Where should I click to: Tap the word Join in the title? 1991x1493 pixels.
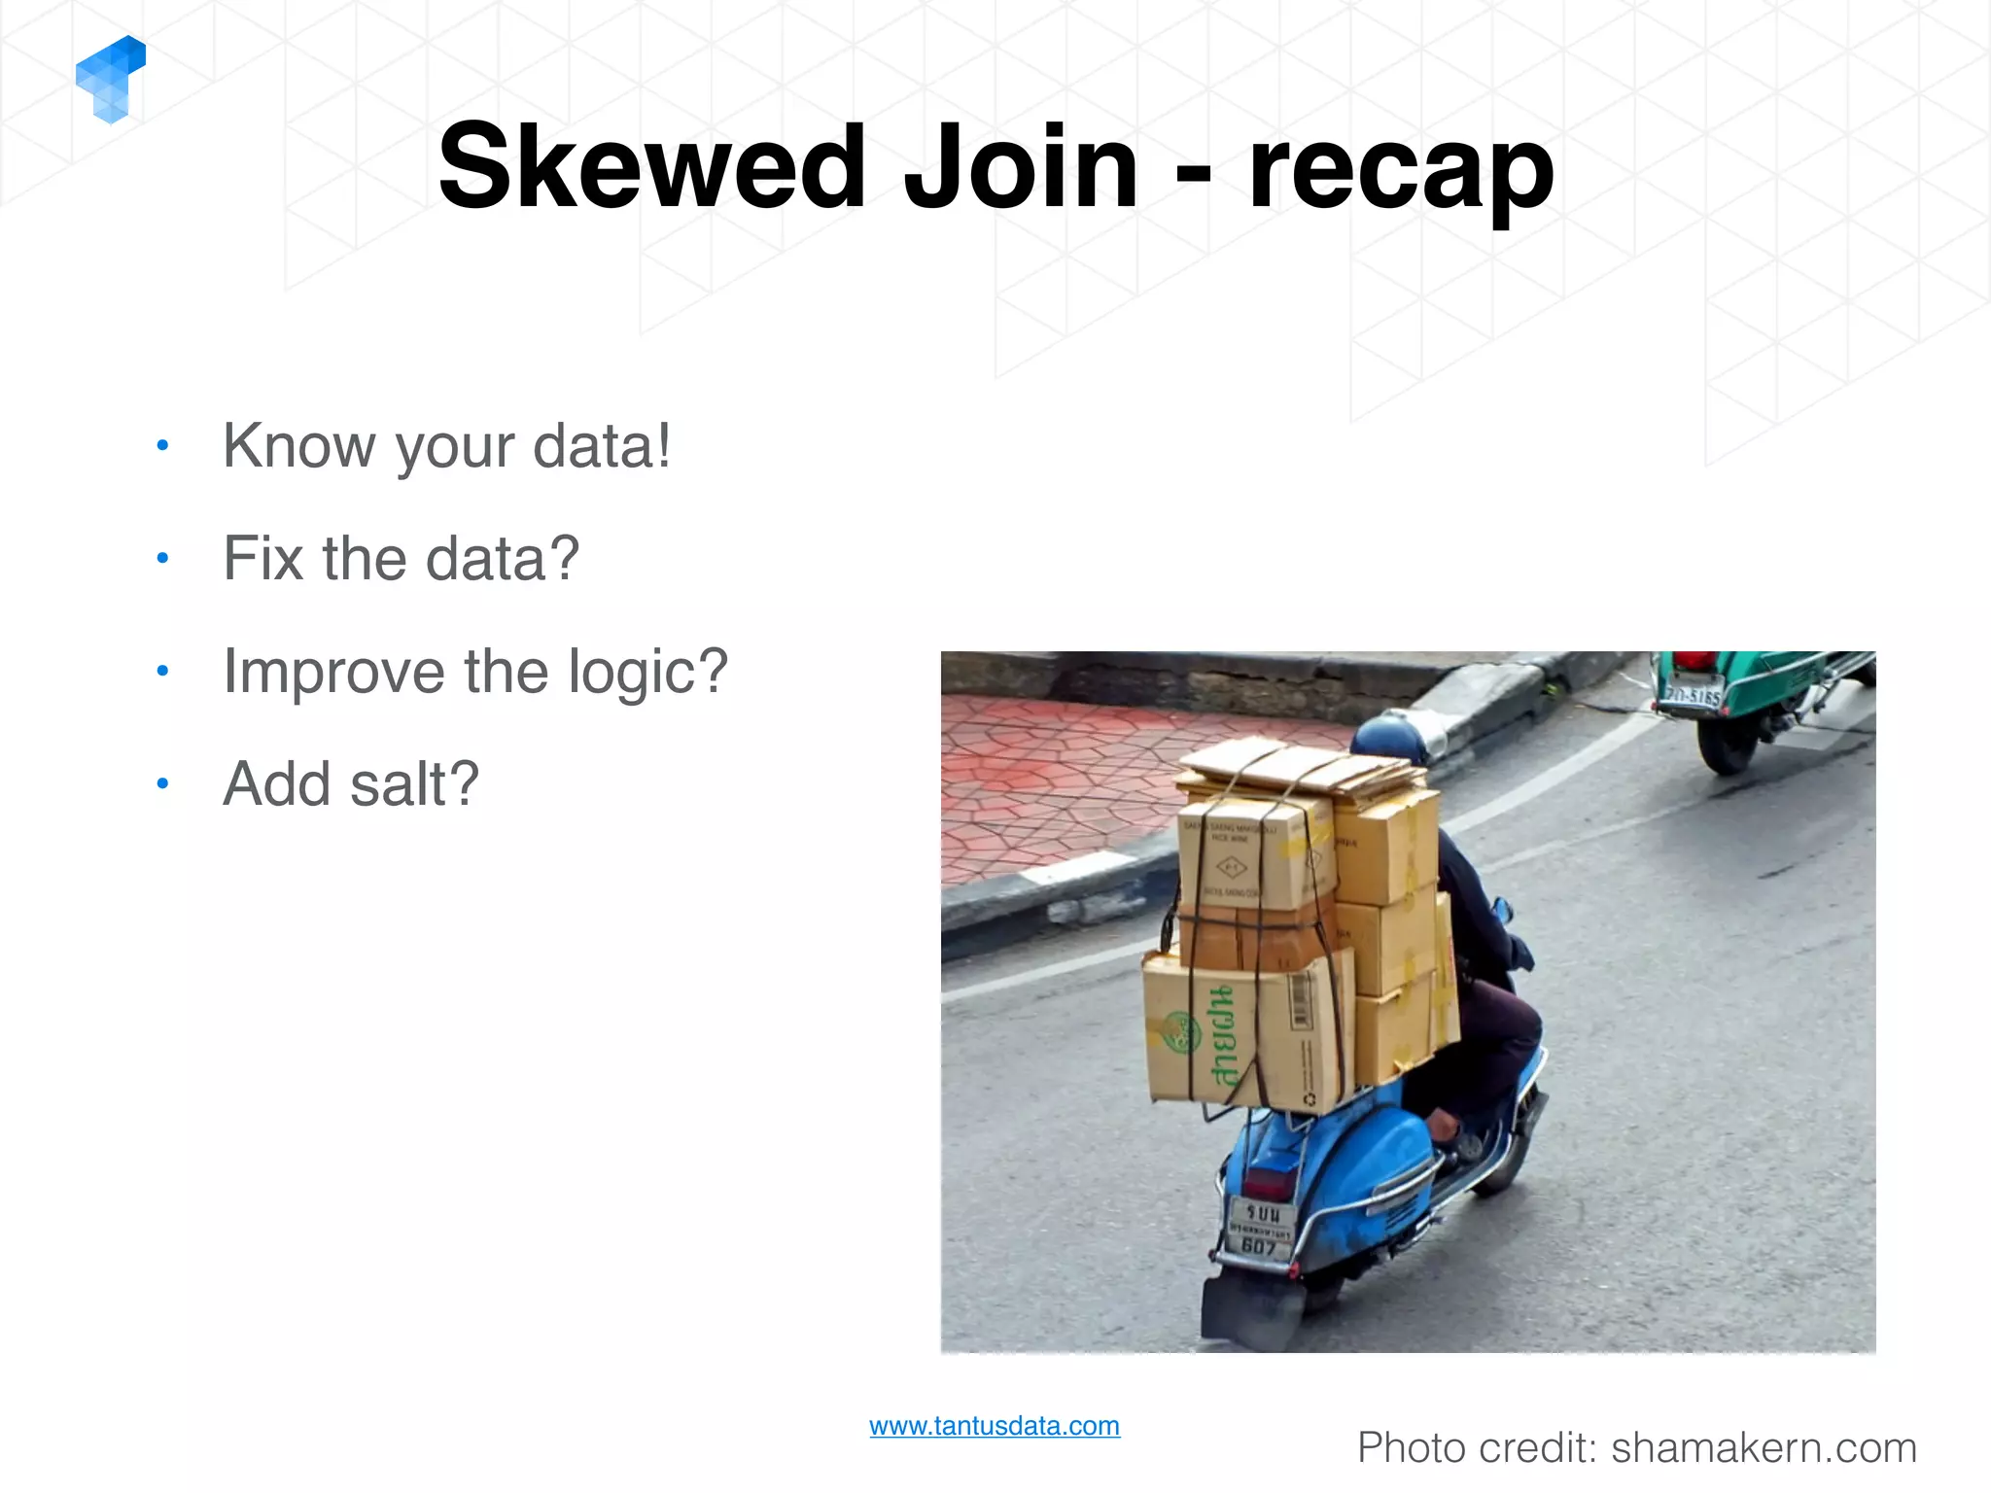(x=1020, y=167)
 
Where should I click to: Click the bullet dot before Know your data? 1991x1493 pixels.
(x=162, y=446)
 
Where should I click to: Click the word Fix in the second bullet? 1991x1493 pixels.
(x=264, y=559)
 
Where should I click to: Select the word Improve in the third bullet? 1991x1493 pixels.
(x=334, y=673)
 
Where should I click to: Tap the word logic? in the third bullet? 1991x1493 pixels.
(x=647, y=673)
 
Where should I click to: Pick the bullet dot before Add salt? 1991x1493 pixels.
(x=162, y=783)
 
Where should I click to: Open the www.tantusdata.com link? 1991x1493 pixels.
(x=994, y=1426)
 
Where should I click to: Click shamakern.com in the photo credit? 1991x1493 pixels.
(x=1764, y=1448)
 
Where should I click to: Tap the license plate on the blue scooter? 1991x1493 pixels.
(x=1261, y=1227)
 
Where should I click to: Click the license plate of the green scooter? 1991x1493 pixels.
(x=1691, y=695)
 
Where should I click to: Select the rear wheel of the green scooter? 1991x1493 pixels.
(x=1727, y=746)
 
